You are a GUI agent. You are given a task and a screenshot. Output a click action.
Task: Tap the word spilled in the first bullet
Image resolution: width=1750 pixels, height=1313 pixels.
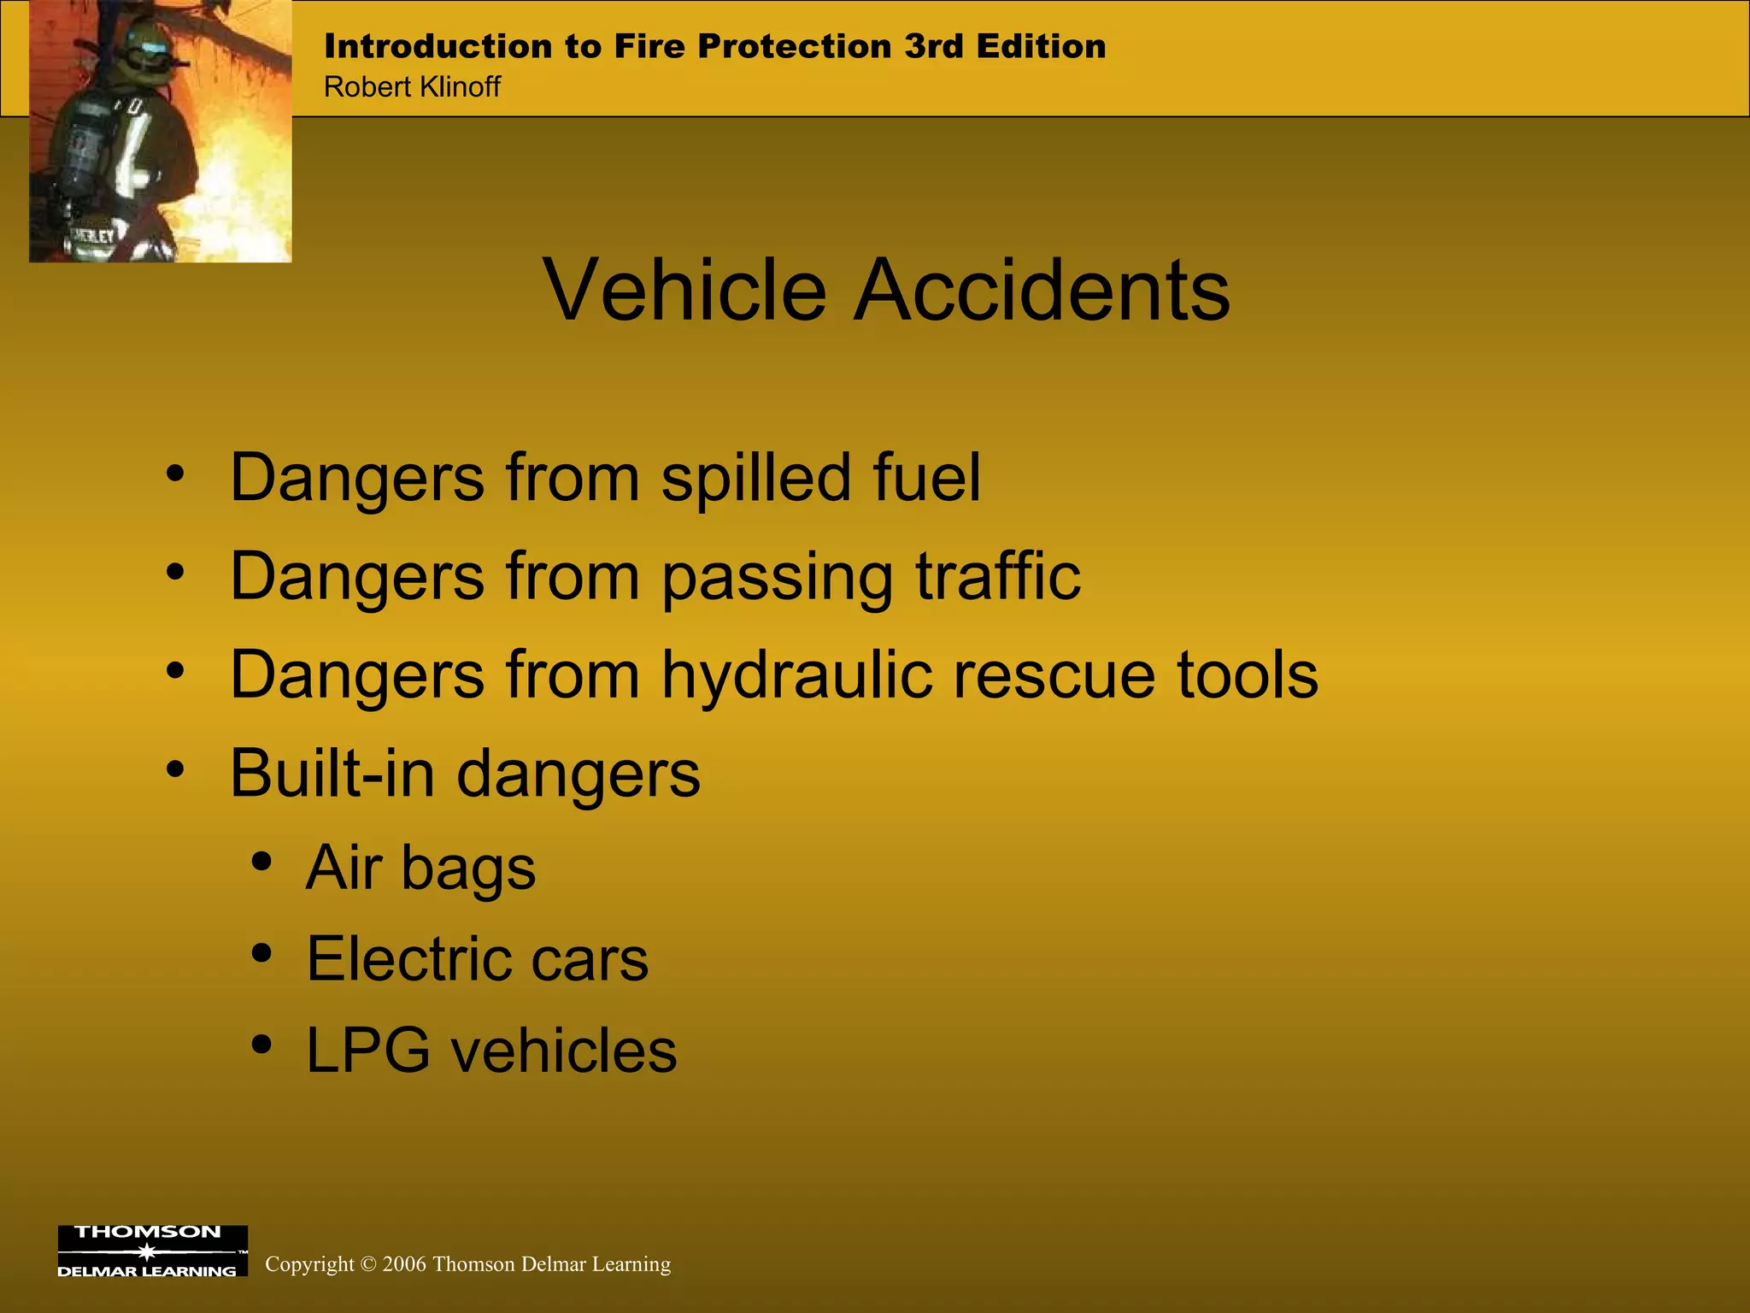click(x=755, y=479)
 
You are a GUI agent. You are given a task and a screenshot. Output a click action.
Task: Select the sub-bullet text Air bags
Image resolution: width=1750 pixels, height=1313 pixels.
click(x=420, y=868)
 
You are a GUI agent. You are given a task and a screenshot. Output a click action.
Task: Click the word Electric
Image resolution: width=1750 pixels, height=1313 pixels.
click(x=408, y=959)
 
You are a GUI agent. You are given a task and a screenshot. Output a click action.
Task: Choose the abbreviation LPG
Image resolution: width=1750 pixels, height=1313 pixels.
click(x=367, y=1051)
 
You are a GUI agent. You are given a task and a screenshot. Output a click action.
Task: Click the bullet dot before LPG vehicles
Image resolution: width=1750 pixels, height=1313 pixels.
click(x=262, y=1045)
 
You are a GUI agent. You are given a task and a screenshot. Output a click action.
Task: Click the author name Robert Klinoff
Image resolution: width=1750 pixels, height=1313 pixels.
click(x=412, y=87)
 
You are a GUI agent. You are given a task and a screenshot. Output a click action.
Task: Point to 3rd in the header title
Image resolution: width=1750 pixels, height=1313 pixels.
click(x=935, y=46)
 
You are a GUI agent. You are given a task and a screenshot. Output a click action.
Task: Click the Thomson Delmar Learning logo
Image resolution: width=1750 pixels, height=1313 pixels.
click(x=152, y=1251)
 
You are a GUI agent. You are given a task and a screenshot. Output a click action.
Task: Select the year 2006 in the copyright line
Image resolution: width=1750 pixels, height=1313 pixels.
click(x=404, y=1264)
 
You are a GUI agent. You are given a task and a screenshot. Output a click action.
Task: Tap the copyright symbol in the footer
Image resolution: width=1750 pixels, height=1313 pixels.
click(x=368, y=1265)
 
